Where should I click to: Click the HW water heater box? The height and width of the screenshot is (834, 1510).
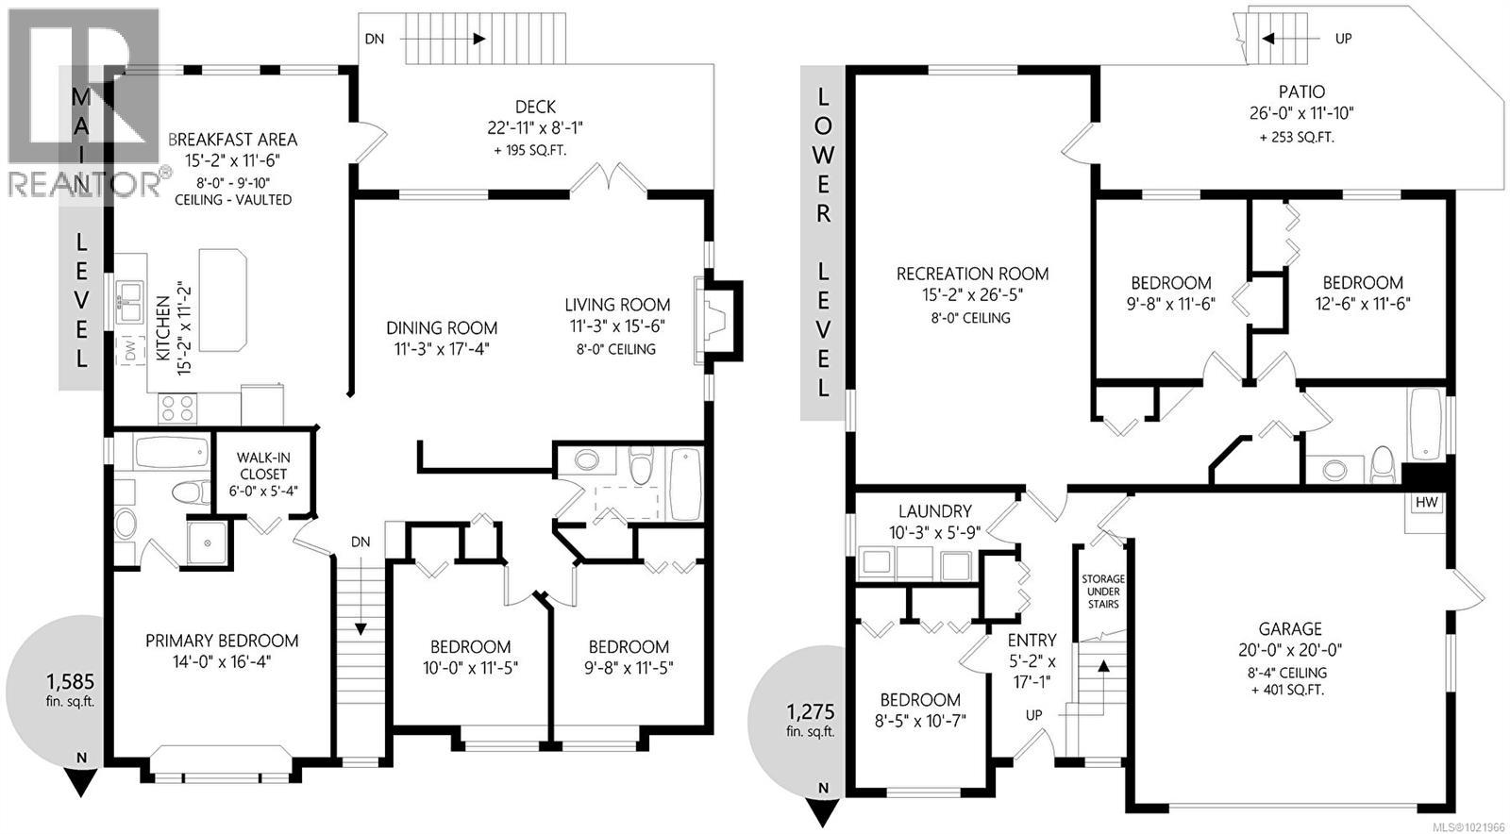tap(1426, 503)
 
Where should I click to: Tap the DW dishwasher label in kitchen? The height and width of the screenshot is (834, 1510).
tap(130, 350)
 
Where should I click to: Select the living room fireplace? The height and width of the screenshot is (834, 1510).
tap(714, 319)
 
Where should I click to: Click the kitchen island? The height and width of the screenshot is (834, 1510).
tap(223, 300)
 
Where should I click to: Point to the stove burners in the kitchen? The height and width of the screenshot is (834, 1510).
tap(176, 407)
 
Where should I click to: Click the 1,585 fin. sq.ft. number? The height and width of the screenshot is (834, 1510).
tap(70, 680)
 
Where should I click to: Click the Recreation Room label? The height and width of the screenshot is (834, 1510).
tap(972, 274)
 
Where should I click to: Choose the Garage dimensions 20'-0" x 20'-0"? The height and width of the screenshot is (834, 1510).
tap(1290, 650)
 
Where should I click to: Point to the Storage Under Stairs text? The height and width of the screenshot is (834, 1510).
tap(1102, 592)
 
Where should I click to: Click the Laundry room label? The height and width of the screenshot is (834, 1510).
tap(934, 510)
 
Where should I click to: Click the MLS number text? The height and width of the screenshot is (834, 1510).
tap(1468, 826)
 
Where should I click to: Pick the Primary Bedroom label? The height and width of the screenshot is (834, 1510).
tap(222, 641)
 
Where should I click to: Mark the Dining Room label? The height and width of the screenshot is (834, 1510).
tap(442, 328)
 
